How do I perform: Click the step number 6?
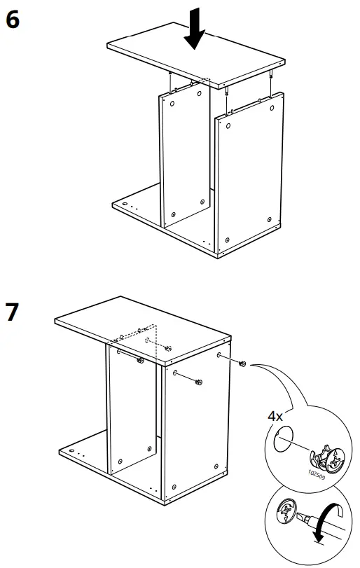tap(12, 20)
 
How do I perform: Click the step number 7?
tap(12, 312)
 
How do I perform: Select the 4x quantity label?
tap(276, 415)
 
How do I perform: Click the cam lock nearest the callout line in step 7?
tap(242, 363)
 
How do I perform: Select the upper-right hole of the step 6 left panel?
tap(200, 92)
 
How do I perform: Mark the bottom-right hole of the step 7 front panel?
tap(215, 465)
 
